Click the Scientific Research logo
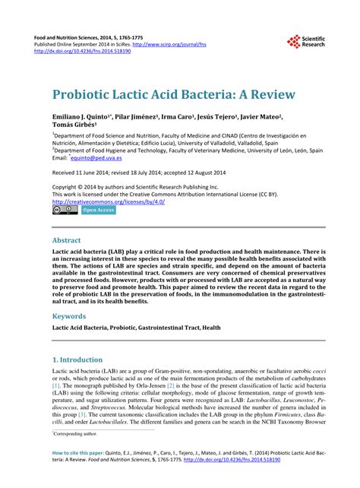[305, 42]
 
